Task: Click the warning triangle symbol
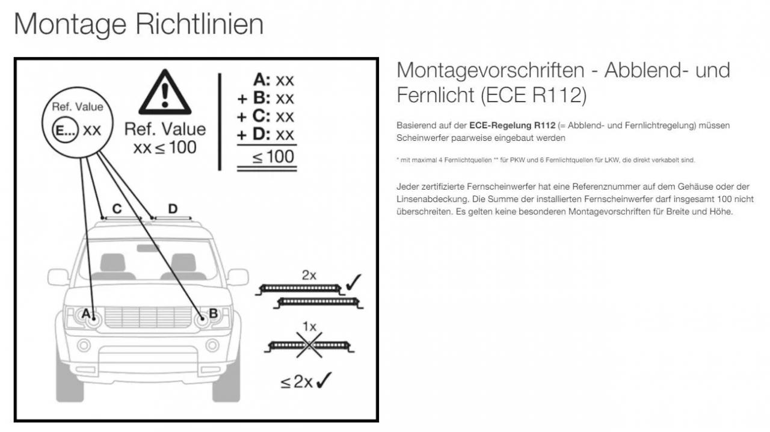point(165,92)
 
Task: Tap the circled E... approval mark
point(66,131)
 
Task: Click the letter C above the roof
point(117,209)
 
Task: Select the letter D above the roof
point(173,209)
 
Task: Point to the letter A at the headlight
point(86,313)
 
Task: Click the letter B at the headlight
point(213,313)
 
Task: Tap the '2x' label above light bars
point(309,275)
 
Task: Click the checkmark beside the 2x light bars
point(353,282)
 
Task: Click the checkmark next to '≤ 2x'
point(324,380)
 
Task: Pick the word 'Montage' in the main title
point(70,24)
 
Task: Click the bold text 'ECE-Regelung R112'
point(512,126)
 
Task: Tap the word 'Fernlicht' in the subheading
point(436,95)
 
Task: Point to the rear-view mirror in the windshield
point(148,248)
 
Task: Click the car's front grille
point(148,317)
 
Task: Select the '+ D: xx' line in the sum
point(265,135)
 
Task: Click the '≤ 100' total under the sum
point(273,157)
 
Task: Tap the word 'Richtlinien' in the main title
point(200,24)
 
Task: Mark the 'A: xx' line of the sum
point(274,80)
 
